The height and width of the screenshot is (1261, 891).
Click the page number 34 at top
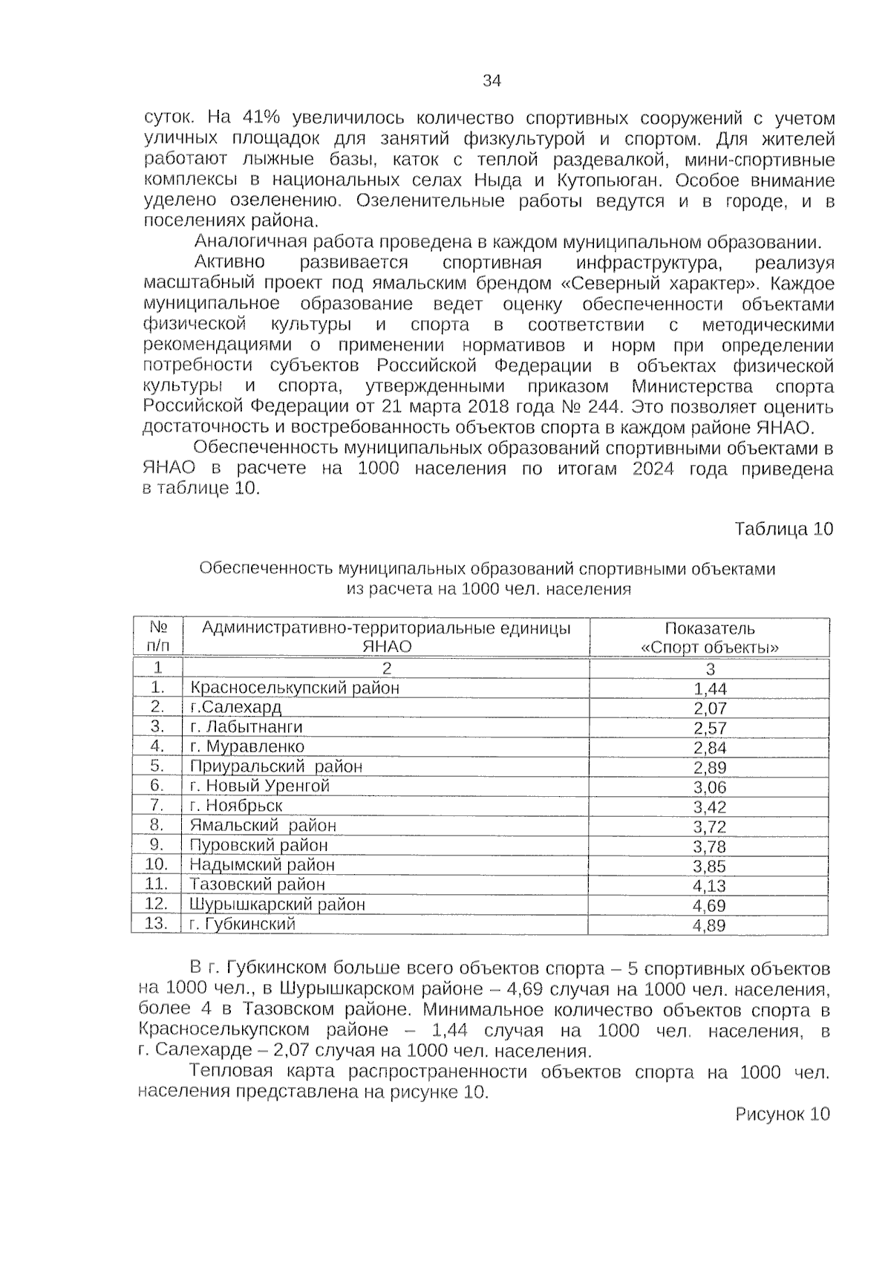(x=492, y=81)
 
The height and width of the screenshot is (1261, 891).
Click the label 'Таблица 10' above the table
(x=783, y=529)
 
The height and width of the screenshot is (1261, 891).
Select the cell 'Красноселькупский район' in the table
(x=295, y=688)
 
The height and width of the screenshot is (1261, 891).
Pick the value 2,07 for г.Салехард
(x=709, y=708)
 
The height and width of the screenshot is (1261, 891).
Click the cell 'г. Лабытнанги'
(x=246, y=727)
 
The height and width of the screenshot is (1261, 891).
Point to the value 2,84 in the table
(x=709, y=748)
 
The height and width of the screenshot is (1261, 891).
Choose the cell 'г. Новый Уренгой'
(x=259, y=786)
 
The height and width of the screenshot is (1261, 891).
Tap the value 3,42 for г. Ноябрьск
(x=709, y=807)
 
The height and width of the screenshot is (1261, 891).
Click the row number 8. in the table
(x=156, y=824)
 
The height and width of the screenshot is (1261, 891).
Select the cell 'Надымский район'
(x=262, y=864)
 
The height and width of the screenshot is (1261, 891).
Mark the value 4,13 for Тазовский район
(x=709, y=886)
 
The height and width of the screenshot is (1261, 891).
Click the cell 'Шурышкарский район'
(x=277, y=905)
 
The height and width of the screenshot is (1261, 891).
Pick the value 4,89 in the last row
(x=709, y=925)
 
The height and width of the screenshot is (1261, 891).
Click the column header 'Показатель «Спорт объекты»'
(x=709, y=637)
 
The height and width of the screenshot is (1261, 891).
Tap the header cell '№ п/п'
(x=157, y=637)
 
